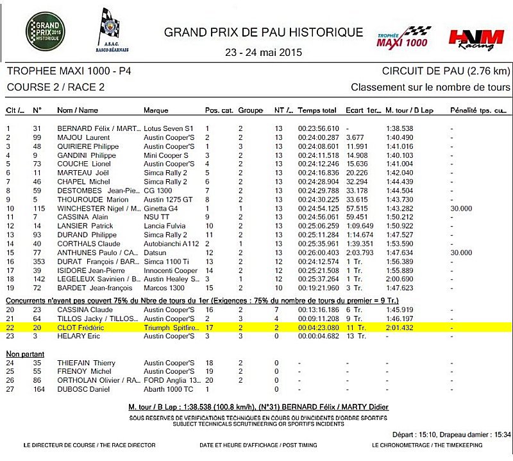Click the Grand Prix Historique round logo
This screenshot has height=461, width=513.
coord(45,30)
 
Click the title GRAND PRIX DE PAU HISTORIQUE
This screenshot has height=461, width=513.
coord(264,32)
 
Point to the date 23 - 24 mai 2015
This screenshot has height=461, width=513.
coord(264,52)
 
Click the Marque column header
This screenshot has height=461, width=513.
coord(156,110)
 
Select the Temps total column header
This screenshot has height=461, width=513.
coord(317,110)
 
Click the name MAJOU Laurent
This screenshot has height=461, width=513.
coord(83,137)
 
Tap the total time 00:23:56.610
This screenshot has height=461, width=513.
coord(318,128)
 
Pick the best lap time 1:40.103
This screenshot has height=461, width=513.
coord(399,155)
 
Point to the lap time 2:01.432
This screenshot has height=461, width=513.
coord(399,327)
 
